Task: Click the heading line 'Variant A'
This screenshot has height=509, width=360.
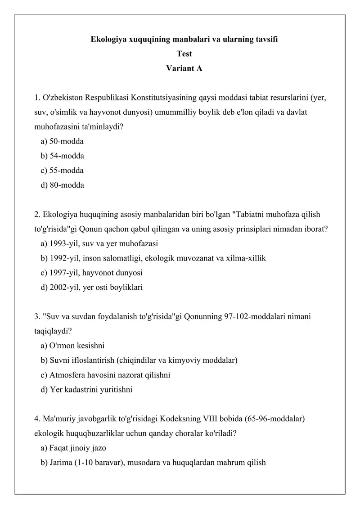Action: pyautogui.click(x=184, y=68)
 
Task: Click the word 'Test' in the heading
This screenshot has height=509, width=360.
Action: pyautogui.click(x=184, y=54)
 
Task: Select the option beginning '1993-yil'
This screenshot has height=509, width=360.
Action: pyautogui.click(x=99, y=243)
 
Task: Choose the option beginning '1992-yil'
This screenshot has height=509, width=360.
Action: pyautogui.click(x=153, y=258)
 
